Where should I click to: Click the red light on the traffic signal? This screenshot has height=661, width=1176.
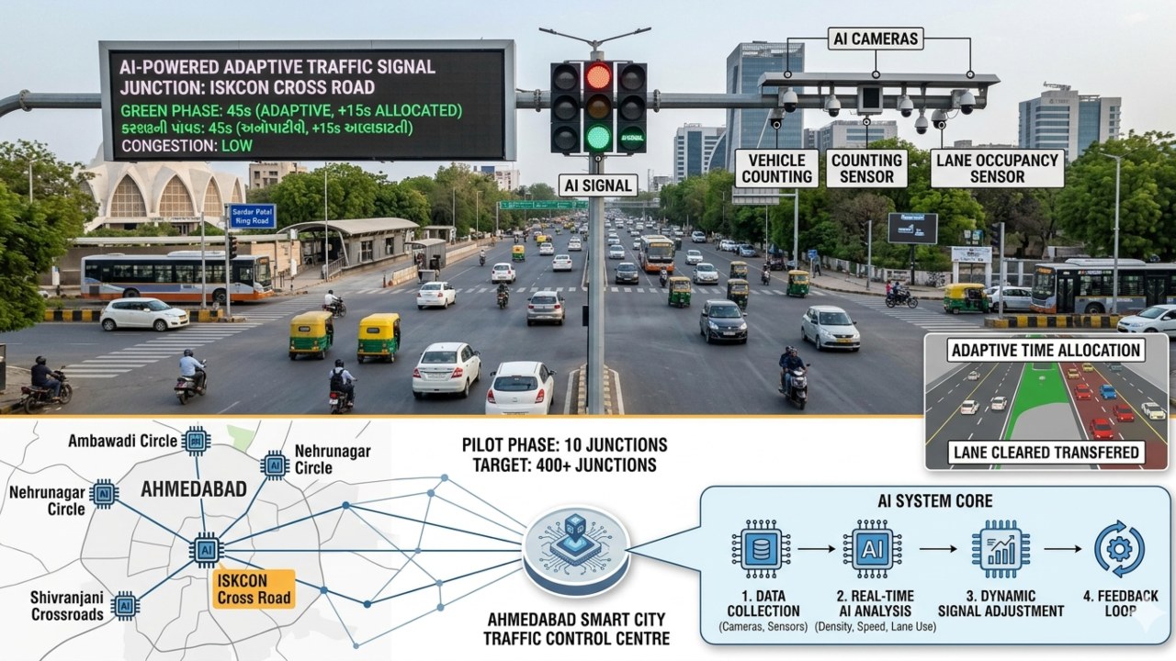tap(598, 77)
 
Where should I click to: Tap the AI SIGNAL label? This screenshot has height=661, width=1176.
tap(597, 185)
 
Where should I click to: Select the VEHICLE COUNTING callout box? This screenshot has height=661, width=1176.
tap(776, 168)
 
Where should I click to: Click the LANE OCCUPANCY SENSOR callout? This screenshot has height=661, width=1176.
tap(997, 168)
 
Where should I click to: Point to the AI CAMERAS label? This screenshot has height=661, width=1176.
tap(875, 39)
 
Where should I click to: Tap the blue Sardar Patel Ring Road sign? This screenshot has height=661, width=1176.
tap(252, 216)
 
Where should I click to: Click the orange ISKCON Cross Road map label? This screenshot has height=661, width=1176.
tap(253, 589)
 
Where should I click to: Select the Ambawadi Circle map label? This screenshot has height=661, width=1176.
tap(122, 441)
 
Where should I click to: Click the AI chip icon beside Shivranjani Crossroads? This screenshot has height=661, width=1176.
tap(125, 605)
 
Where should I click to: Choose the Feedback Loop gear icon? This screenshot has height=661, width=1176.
tap(1119, 549)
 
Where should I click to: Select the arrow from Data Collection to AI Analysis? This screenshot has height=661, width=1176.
tap(816, 549)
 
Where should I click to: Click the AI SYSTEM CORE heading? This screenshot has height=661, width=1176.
tap(934, 501)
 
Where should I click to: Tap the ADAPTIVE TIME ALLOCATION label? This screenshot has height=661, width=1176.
tap(1046, 350)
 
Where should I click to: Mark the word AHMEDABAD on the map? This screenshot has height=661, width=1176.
tap(193, 488)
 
